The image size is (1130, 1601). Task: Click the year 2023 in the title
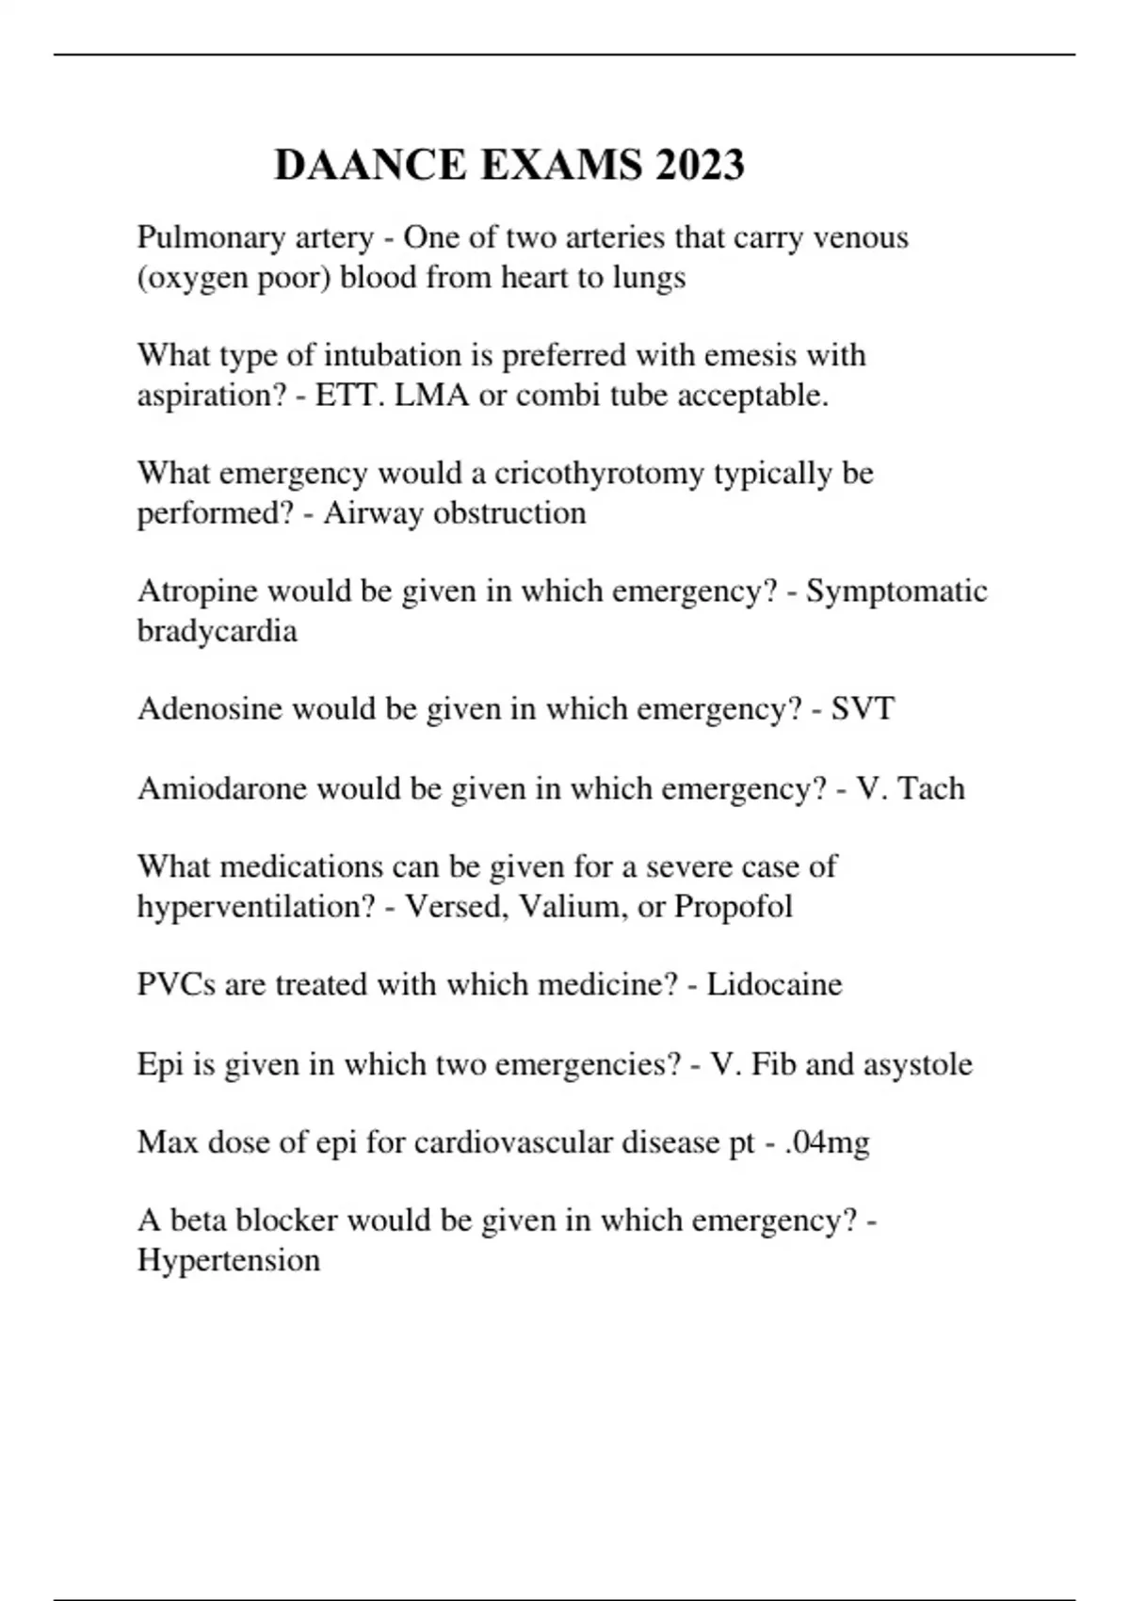700,165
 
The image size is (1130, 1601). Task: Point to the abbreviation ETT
347,396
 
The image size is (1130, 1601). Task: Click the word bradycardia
217,630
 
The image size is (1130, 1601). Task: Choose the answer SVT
863,708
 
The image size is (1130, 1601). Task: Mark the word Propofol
734,906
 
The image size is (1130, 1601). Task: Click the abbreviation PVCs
176,984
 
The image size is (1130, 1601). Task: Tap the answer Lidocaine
774,984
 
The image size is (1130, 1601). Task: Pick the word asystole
918,1064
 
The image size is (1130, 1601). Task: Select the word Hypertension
229,1260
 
